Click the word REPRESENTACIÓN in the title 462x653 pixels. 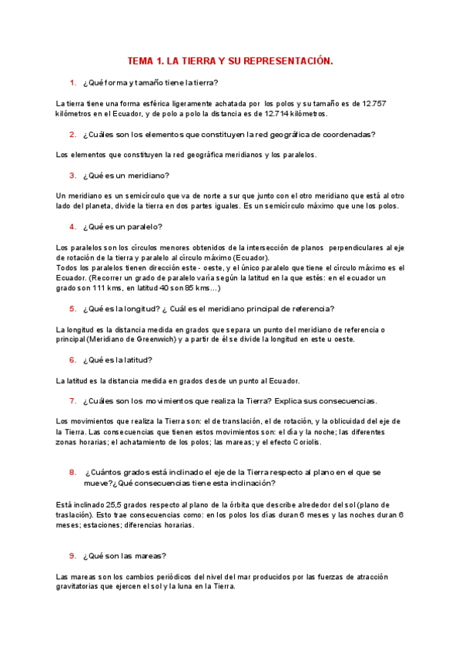coord(289,60)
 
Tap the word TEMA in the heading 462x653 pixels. coord(141,60)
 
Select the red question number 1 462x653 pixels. coord(72,82)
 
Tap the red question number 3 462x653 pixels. coord(72,176)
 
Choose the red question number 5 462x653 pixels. coord(72,309)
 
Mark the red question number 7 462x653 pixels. coord(72,400)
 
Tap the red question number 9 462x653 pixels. coord(72,555)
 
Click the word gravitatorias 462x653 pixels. coord(83,587)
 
